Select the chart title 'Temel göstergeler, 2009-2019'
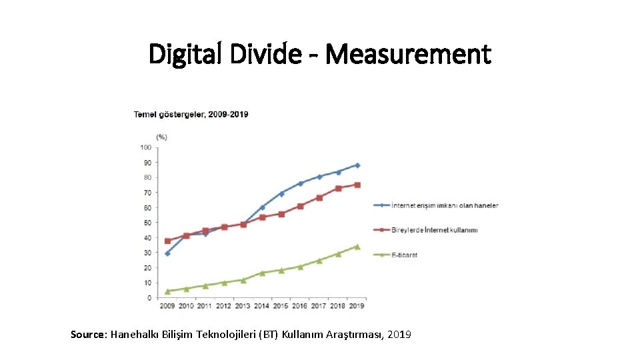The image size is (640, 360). [191, 114]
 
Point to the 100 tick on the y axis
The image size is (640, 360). [145, 147]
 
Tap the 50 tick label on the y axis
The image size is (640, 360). [147, 223]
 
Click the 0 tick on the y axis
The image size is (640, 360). [149, 298]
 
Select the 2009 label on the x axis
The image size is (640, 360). [167, 306]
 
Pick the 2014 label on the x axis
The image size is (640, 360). [262, 306]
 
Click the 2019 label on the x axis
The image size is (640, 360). [357, 306]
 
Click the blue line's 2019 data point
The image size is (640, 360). [357, 165]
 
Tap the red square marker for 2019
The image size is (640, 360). [357, 185]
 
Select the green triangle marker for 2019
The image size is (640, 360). [357, 246]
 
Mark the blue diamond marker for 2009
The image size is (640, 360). [167, 253]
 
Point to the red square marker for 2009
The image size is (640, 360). [167, 241]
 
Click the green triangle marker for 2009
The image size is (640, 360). [167, 291]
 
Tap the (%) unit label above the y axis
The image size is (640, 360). [162, 137]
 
